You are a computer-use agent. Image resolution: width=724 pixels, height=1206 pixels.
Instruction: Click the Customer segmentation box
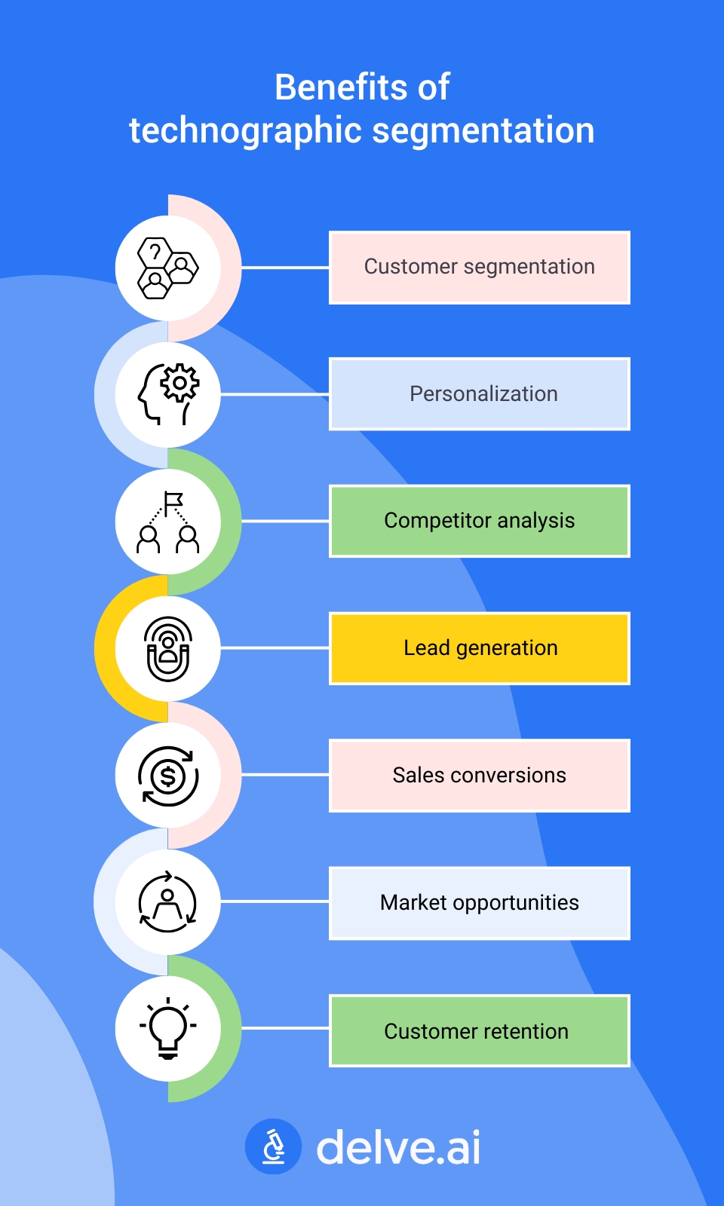point(480,268)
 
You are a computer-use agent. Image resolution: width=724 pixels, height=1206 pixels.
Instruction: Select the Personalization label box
point(480,394)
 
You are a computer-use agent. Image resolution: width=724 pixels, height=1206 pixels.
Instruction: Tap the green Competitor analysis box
point(480,521)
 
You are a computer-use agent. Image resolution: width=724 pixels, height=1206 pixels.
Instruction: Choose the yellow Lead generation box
point(480,648)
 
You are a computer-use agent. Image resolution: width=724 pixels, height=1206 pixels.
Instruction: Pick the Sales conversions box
point(480,776)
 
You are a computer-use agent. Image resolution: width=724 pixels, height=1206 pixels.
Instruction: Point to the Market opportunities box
point(480,903)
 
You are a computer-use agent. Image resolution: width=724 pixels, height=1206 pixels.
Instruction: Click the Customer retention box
point(480,1030)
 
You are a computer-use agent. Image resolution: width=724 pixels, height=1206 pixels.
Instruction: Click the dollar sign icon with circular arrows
point(168,776)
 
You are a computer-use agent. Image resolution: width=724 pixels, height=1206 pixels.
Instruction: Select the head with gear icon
point(168,394)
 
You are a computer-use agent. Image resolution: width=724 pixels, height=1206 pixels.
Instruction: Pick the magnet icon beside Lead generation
point(168,648)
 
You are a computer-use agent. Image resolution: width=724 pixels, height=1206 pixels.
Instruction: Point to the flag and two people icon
point(168,522)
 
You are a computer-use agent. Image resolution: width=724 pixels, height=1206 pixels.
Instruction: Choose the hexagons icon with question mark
point(168,268)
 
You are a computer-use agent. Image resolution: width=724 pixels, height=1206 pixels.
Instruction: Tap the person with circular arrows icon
point(168,902)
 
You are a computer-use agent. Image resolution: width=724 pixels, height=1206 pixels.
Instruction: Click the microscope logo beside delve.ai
point(273,1146)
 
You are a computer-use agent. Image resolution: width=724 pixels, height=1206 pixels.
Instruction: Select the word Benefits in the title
point(330,87)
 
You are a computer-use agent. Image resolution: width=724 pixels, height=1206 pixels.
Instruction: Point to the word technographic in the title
point(246,131)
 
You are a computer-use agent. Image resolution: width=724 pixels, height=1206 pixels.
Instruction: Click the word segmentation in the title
point(483,131)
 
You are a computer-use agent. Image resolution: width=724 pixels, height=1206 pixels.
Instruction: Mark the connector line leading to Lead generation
point(275,647)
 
